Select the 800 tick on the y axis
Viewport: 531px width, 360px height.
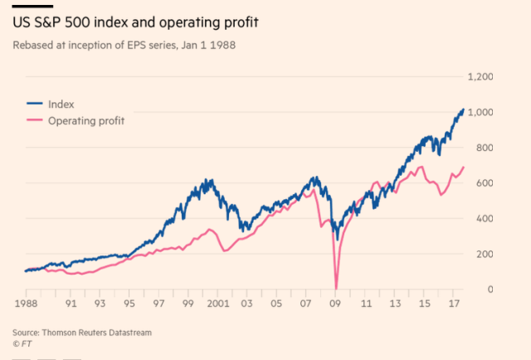(485, 148)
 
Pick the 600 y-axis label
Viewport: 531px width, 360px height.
(485, 183)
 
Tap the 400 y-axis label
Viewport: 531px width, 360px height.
(485, 219)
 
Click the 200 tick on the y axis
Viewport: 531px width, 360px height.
(485, 255)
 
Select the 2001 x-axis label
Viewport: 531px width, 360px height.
(218, 304)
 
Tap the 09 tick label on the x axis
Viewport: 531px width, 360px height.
(336, 304)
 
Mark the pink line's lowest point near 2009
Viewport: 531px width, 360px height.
(336, 288)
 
